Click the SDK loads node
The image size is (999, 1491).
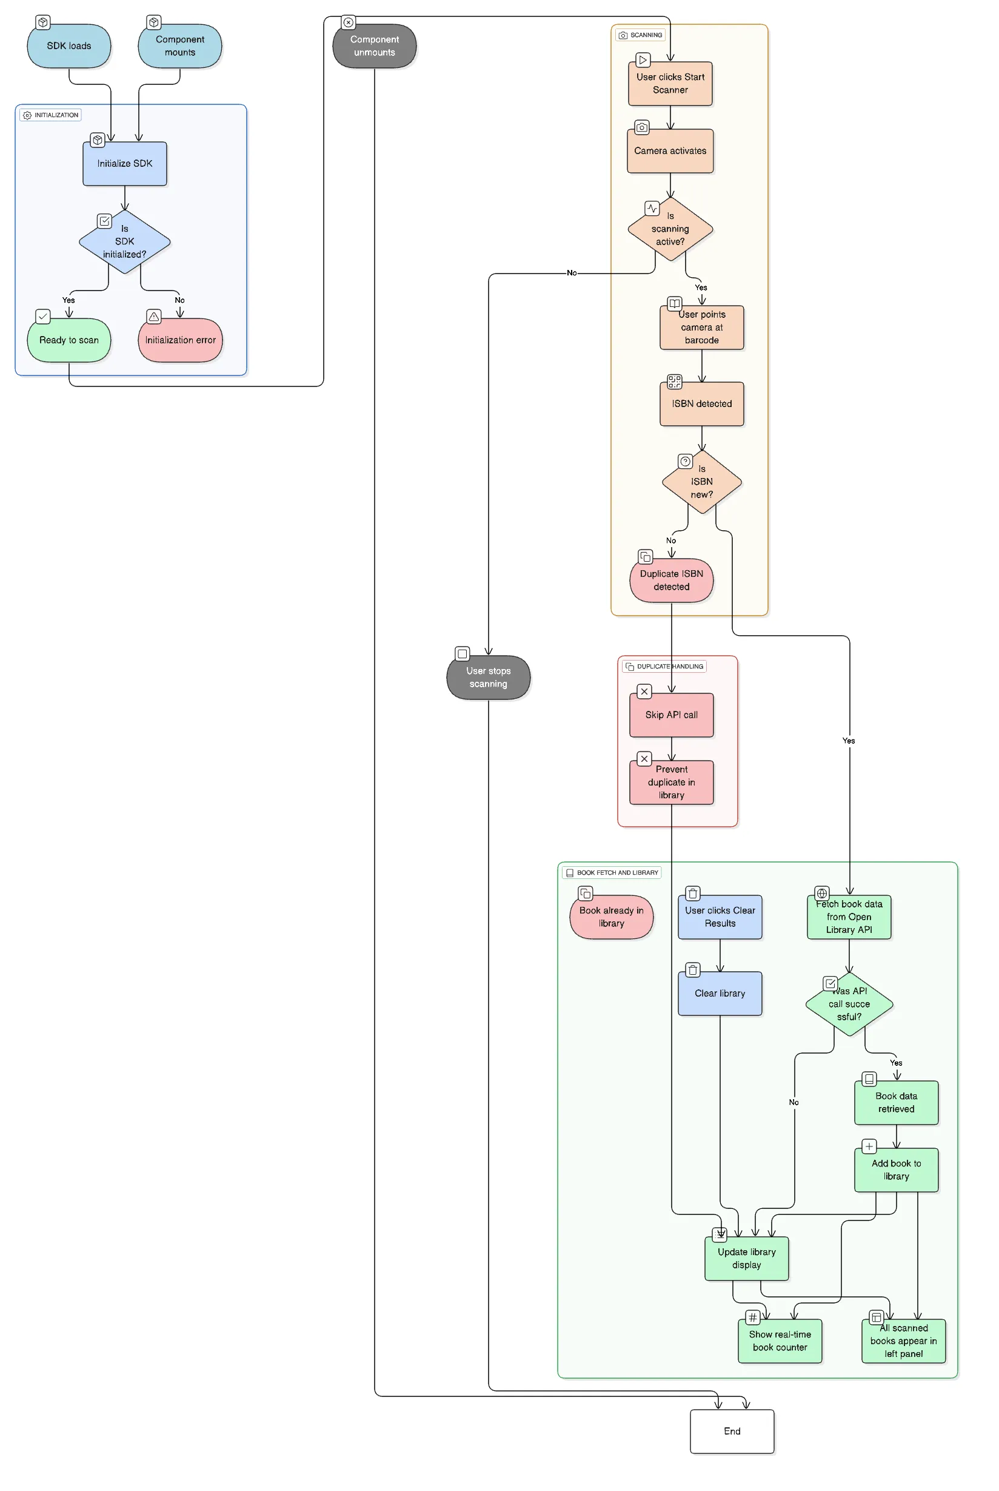click(x=69, y=46)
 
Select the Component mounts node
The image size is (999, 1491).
click(x=179, y=46)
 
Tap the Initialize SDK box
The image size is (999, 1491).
click(x=125, y=164)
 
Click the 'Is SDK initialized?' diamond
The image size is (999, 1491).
click(x=125, y=241)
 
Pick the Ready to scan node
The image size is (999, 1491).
click(x=69, y=340)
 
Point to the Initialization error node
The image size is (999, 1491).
click(x=180, y=340)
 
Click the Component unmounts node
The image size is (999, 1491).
click(x=375, y=46)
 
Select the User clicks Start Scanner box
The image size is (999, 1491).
click(x=670, y=84)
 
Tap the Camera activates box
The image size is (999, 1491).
click(x=670, y=151)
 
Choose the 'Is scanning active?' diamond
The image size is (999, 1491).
click(x=670, y=229)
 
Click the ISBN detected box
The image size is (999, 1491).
click(x=701, y=404)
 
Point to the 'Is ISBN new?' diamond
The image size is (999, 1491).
click(x=701, y=482)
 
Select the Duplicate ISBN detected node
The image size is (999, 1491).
click(x=672, y=580)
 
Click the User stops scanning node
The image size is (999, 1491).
click(x=488, y=678)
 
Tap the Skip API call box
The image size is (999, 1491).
click(x=672, y=715)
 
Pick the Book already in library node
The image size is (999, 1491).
click(x=611, y=917)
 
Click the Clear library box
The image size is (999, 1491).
click(x=720, y=994)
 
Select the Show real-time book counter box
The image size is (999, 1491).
click(x=780, y=1341)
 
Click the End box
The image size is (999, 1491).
click(x=732, y=1432)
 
